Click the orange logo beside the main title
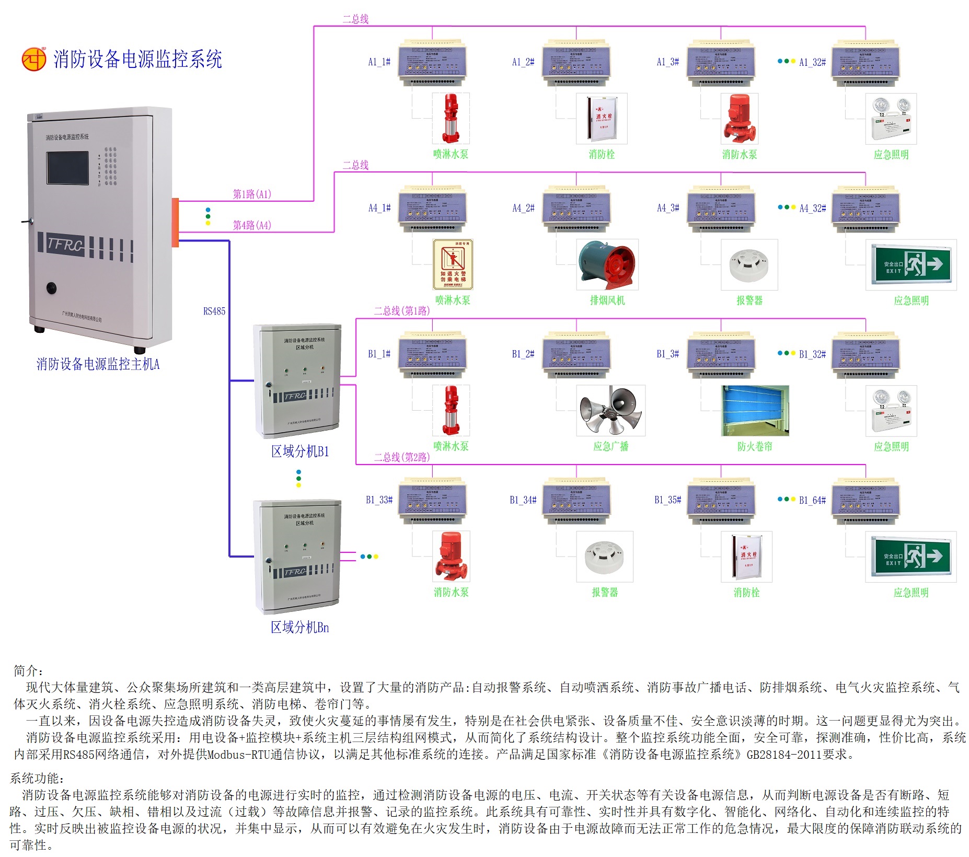tap(34, 59)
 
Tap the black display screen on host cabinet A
tap(67, 167)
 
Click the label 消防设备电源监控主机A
tap(98, 364)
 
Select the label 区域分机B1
tap(300, 451)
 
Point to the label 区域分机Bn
tap(300, 627)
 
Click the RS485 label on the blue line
tap(214, 311)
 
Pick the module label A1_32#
tap(812, 62)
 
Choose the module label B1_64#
tap(812, 500)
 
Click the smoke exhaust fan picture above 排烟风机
tap(607, 264)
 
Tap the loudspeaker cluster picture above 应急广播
tap(610, 410)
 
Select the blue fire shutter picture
tap(755, 410)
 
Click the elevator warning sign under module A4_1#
tap(453, 264)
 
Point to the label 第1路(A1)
tap(252, 194)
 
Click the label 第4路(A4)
tap(252, 225)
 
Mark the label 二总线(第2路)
tap(402, 457)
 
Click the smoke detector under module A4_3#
tap(749, 264)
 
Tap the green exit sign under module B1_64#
tap(910, 557)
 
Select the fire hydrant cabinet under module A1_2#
tap(602, 119)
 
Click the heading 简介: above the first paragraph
tap(29, 670)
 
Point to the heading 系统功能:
tap(37, 778)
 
